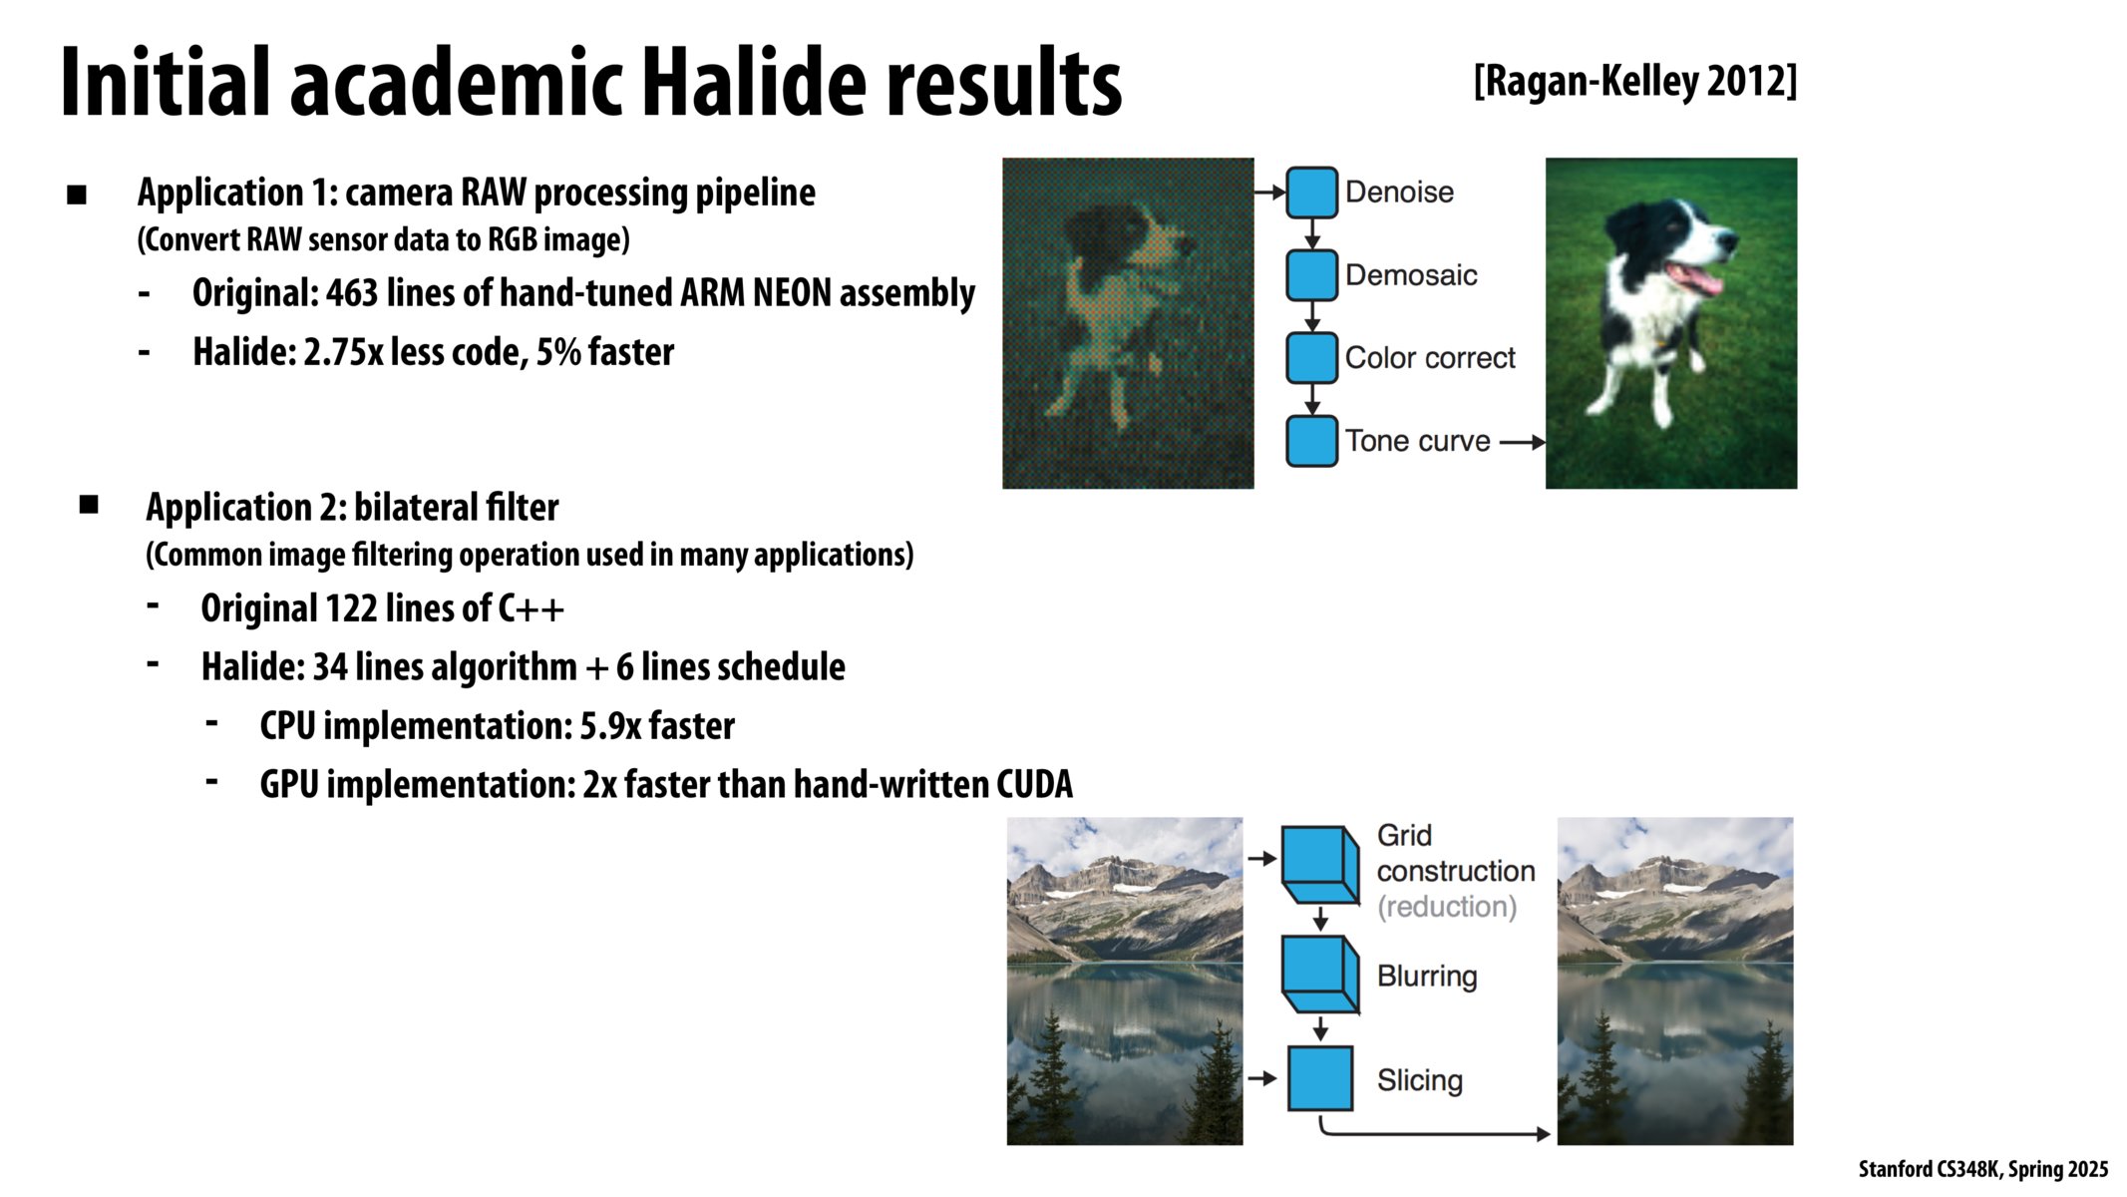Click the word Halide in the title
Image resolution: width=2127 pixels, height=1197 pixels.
pyautogui.click(x=754, y=82)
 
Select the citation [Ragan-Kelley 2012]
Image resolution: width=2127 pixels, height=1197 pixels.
pyautogui.click(x=1635, y=81)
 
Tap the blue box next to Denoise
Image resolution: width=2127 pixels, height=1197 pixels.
pyautogui.click(x=1311, y=193)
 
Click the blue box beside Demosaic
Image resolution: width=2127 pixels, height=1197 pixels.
pyautogui.click(x=1311, y=275)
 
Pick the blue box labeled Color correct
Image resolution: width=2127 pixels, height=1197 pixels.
pyautogui.click(x=1311, y=358)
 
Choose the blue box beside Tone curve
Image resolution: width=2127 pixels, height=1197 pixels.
pyautogui.click(x=1311, y=441)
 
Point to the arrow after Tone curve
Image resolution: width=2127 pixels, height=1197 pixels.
pyautogui.click(x=1523, y=442)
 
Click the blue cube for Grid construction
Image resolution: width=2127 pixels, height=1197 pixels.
pyautogui.click(x=1320, y=865)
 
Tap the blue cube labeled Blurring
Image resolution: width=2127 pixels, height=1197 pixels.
pyautogui.click(x=1320, y=975)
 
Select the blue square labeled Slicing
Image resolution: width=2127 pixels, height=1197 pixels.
pyautogui.click(x=1320, y=1078)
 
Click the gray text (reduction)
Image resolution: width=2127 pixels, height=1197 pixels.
pyautogui.click(x=1447, y=907)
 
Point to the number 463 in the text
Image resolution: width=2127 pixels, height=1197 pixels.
pyautogui.click(x=352, y=293)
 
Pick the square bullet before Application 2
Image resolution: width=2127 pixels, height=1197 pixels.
pyautogui.click(x=89, y=505)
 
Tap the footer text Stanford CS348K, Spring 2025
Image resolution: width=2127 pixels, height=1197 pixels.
pyautogui.click(x=1983, y=1169)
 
